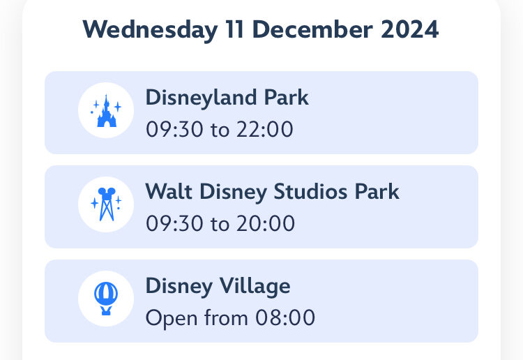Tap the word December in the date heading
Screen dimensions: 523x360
[312, 29]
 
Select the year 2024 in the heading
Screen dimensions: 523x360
[409, 29]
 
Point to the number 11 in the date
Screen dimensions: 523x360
[234, 29]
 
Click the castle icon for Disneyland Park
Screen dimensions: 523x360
[106, 110]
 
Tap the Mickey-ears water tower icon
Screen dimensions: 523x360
[106, 204]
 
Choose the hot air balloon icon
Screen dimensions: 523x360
[106, 299]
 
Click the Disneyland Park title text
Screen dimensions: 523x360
[227, 98]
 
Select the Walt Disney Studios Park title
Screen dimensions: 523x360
[272, 193]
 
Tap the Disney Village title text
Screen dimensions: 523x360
[218, 287]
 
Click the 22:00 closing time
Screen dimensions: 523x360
[265, 130]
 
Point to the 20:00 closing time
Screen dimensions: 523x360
[266, 223]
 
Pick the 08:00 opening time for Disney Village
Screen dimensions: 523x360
[285, 317]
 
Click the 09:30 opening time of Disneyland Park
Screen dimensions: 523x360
[174, 130]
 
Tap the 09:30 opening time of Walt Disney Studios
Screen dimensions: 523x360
[174, 223]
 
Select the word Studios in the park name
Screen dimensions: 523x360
[310, 192]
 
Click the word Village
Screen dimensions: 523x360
[255, 287]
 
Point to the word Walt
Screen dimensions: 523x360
[169, 191]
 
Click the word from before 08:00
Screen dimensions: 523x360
[226, 317]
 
